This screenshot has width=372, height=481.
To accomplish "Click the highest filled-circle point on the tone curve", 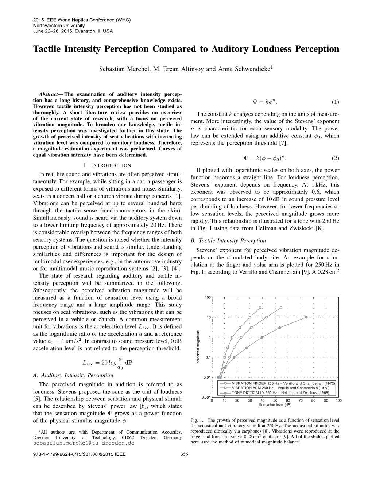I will point(306,317).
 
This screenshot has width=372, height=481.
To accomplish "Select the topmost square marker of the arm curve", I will point(260,308).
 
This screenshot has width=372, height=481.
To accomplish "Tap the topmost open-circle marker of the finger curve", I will point(281,308).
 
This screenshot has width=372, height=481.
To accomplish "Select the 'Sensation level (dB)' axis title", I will point(275,405).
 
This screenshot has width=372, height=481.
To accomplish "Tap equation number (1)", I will point(335,102).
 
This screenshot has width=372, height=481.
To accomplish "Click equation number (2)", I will point(335,158).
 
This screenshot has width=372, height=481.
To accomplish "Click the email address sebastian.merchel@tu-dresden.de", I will point(84,443).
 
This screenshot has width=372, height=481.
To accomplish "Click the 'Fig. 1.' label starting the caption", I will point(196,420).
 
